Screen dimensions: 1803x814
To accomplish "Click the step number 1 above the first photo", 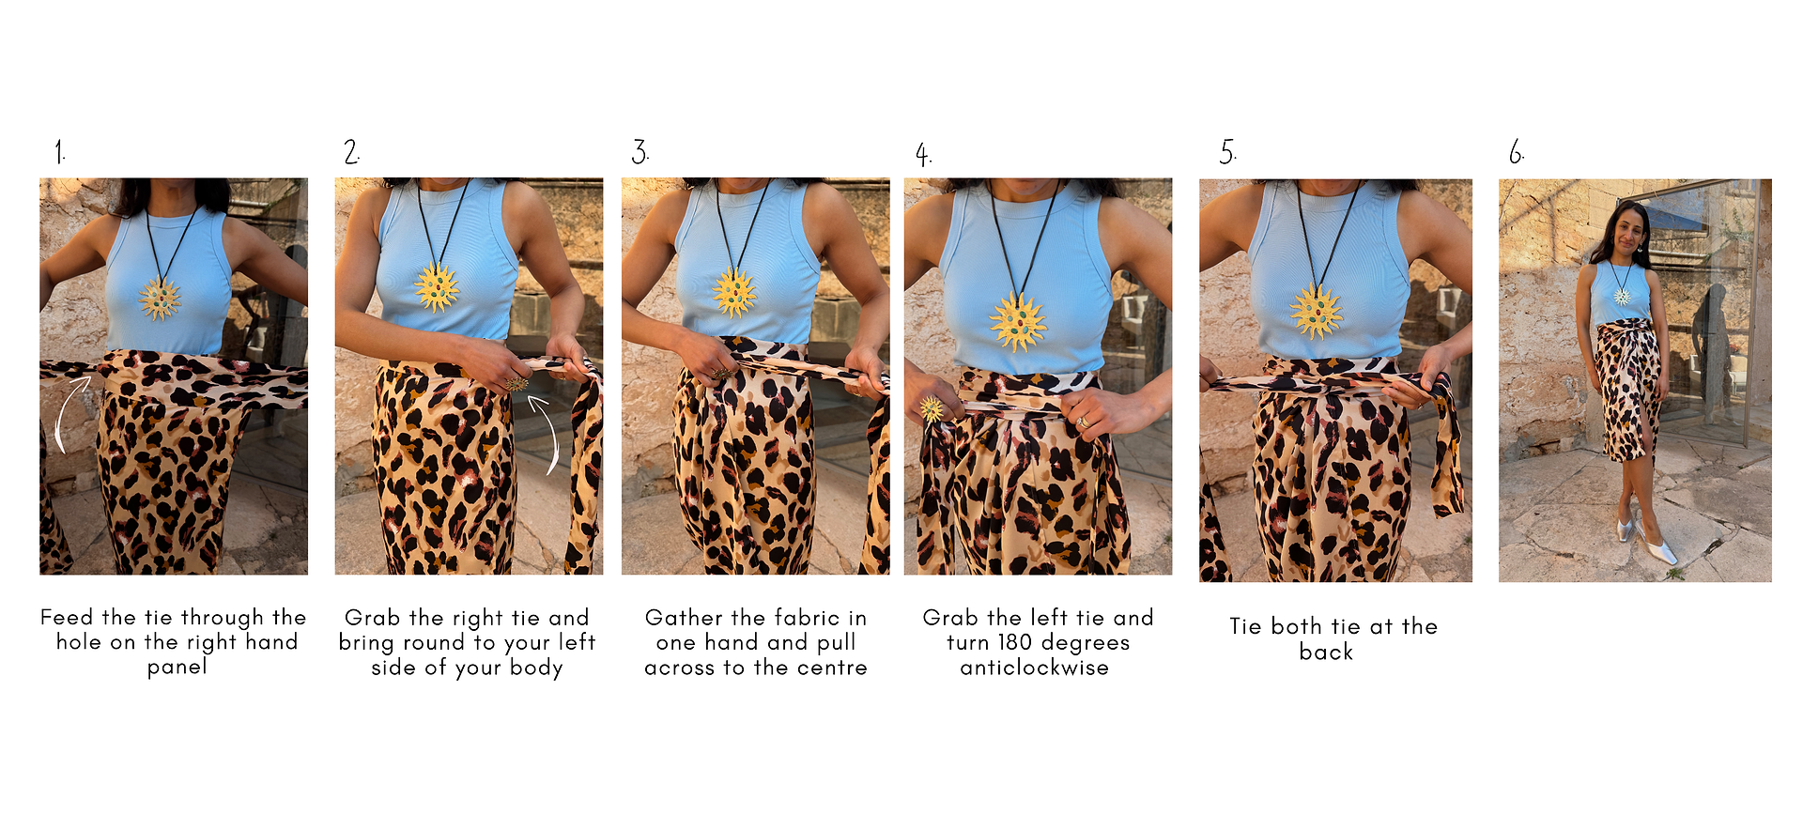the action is coord(60,152).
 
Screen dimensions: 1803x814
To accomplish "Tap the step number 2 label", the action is coord(351,152).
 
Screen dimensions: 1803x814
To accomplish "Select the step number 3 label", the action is coord(640,152).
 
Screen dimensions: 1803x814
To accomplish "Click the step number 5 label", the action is coord(1228,152).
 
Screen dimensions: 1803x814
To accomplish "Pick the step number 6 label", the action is coord(1517,152).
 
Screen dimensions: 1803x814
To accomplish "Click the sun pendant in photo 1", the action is coord(160,299).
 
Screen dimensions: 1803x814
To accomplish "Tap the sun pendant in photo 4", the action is coord(1017,322).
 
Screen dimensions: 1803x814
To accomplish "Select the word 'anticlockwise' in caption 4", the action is coord(1034,668).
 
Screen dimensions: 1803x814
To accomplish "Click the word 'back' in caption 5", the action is coord(1326,652).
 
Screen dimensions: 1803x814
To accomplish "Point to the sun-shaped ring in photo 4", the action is coord(931,408).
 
